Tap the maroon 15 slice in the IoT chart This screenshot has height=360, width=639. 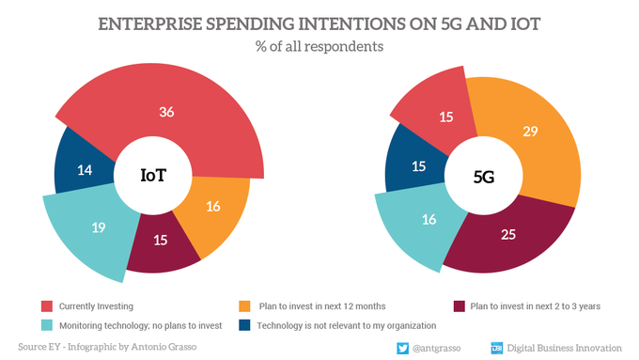pos(160,240)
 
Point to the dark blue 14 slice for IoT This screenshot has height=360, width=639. pos(84,170)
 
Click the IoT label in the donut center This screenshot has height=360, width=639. pos(155,176)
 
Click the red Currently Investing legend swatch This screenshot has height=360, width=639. pos(46,305)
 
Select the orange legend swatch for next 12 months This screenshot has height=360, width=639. pos(246,305)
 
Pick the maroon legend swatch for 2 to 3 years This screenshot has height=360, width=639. pos(460,305)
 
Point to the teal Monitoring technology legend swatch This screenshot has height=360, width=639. pos(46,325)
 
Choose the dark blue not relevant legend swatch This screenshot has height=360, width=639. pos(246,325)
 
